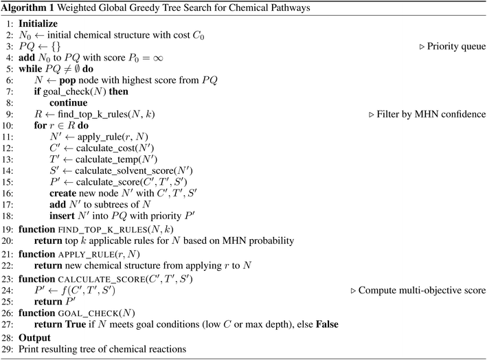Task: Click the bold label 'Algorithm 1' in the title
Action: (x=27, y=8)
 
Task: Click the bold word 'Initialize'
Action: (x=38, y=23)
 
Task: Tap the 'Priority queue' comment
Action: (x=456, y=46)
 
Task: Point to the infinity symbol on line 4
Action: (x=158, y=58)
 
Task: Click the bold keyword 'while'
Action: (x=31, y=69)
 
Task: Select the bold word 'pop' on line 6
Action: (x=67, y=81)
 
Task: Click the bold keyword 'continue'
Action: (x=68, y=103)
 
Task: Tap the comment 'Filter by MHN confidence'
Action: (x=431, y=114)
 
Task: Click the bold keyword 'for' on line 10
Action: (x=41, y=126)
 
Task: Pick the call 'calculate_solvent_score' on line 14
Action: (x=124, y=171)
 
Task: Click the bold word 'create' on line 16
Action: (x=63, y=193)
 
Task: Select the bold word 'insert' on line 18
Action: (x=62, y=216)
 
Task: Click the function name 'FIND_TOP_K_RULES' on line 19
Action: (x=103, y=230)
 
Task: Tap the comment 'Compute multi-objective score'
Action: (x=422, y=291)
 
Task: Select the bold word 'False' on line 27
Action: (x=327, y=324)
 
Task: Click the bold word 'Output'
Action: (x=34, y=338)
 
